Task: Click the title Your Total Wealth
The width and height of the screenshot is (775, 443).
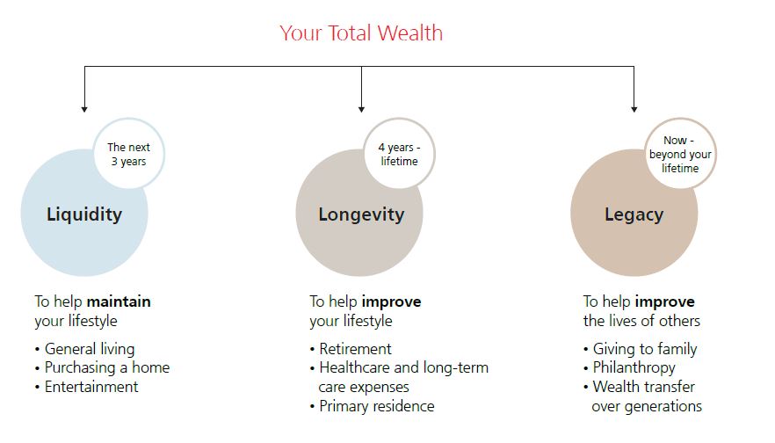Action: pyautogui.click(x=361, y=33)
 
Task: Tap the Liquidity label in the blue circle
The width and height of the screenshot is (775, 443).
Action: pyautogui.click(x=84, y=214)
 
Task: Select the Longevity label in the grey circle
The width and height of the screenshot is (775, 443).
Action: pyautogui.click(x=361, y=214)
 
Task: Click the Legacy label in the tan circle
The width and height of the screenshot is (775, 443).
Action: pyautogui.click(x=634, y=214)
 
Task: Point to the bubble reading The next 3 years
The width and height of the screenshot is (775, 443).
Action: pyautogui.click(x=129, y=154)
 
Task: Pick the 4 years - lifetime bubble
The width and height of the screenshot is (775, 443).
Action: pyautogui.click(x=399, y=154)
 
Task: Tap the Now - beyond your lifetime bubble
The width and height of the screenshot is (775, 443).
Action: pyautogui.click(x=680, y=154)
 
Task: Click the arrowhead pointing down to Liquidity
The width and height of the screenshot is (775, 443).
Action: pyautogui.click(x=84, y=109)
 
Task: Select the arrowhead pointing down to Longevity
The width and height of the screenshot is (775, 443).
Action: pyautogui.click(x=361, y=109)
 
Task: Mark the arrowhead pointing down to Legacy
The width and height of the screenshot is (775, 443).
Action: pyautogui.click(x=634, y=109)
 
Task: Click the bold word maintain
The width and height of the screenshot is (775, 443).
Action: pyautogui.click(x=119, y=301)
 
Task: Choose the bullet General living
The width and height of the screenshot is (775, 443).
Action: pyautogui.click(x=84, y=349)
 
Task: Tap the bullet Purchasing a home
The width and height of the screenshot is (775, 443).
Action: pyautogui.click(x=102, y=367)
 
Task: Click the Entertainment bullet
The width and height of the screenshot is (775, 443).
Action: pyautogui.click(x=86, y=387)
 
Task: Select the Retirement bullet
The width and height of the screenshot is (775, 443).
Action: pyautogui.click(x=351, y=349)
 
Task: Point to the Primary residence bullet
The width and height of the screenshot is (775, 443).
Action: pyautogui.click(x=373, y=406)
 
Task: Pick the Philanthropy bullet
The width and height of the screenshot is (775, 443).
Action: pyautogui.click(x=629, y=367)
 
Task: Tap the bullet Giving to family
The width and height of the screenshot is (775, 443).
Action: pyautogui.click(x=640, y=349)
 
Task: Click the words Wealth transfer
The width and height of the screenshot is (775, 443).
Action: pyautogui.click(x=644, y=387)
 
